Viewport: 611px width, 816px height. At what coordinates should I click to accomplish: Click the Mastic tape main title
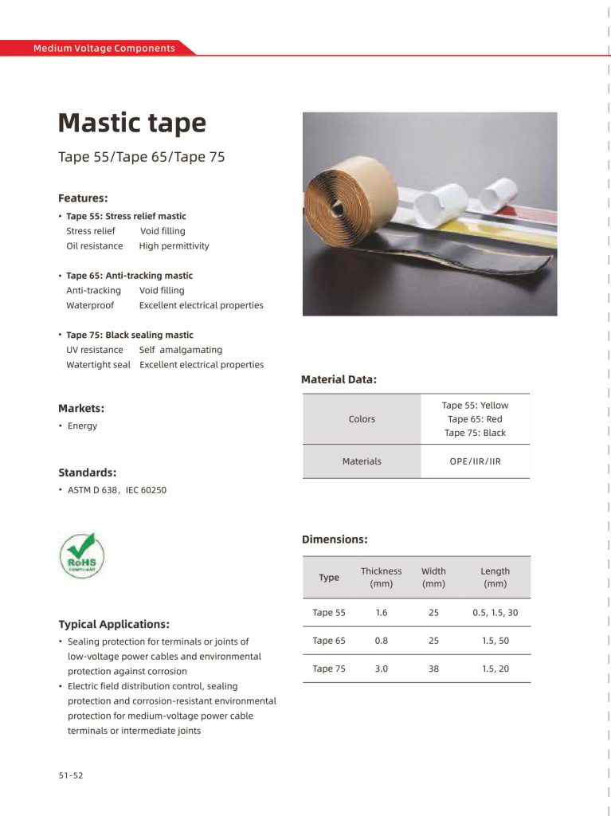pyautogui.click(x=131, y=124)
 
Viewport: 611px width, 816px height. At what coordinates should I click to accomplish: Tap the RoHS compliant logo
pyautogui.click(x=81, y=555)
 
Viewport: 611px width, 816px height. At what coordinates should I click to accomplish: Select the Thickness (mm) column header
pyautogui.click(x=381, y=577)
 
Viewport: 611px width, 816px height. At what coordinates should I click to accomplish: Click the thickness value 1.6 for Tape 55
pyautogui.click(x=381, y=613)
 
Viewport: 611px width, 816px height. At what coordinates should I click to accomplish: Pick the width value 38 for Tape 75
pyautogui.click(x=433, y=669)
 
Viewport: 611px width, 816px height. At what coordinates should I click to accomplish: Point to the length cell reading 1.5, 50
pyautogui.click(x=495, y=641)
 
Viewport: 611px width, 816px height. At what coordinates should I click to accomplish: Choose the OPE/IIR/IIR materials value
pyautogui.click(x=475, y=461)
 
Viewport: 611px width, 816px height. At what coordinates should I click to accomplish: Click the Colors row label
pyautogui.click(x=362, y=419)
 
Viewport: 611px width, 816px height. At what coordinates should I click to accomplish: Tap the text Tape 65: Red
pyautogui.click(x=475, y=419)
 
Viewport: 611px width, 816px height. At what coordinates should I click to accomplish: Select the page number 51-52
pyautogui.click(x=70, y=775)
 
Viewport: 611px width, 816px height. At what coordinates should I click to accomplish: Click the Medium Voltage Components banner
pyautogui.click(x=104, y=49)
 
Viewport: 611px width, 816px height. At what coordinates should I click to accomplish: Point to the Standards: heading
pyautogui.click(x=87, y=473)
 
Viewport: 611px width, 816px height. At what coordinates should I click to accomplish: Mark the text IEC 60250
pyautogui.click(x=146, y=490)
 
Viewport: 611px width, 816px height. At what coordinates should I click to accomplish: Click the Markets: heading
pyautogui.click(x=81, y=409)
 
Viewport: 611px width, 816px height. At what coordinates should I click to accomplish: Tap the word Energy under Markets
pyautogui.click(x=82, y=426)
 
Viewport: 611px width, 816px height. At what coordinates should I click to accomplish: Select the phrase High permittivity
pyautogui.click(x=174, y=246)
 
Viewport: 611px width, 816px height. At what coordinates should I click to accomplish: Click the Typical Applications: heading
pyautogui.click(x=113, y=624)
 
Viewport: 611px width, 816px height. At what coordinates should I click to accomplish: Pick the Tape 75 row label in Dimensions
pyautogui.click(x=329, y=669)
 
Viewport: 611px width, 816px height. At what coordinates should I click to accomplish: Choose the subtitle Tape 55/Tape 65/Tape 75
pyautogui.click(x=141, y=157)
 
